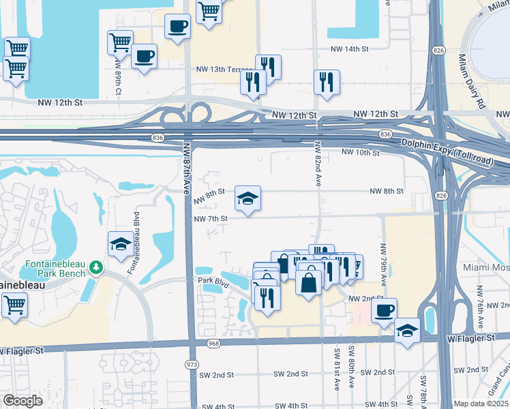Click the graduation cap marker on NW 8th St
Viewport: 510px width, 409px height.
pos(247,198)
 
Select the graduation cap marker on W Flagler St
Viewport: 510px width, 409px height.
pos(407,331)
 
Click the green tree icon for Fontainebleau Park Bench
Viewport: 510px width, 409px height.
pos(96,267)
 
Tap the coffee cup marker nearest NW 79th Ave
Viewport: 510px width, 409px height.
pos(385,310)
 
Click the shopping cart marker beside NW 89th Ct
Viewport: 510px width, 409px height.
pos(120,42)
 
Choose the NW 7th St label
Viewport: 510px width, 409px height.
pos(210,219)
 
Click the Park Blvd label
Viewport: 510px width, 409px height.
pos(211,279)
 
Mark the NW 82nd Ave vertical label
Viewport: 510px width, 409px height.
pos(318,164)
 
